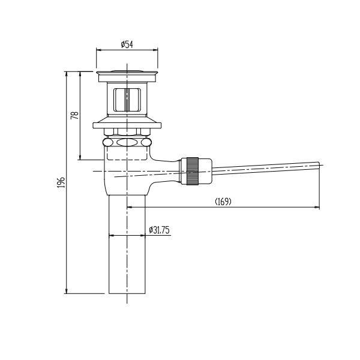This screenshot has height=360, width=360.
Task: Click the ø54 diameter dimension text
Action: pyautogui.click(x=127, y=44)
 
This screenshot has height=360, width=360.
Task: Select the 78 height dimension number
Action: pyautogui.click(x=75, y=115)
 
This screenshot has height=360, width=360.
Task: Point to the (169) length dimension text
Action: pyautogui.click(x=223, y=202)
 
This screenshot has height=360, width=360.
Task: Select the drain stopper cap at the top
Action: pyautogui.click(x=127, y=74)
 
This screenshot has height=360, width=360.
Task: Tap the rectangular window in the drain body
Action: pyautogui.click(x=127, y=100)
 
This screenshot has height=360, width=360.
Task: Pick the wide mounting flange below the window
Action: pyautogui.click(x=127, y=125)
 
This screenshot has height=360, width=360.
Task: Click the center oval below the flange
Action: pyautogui.click(x=127, y=143)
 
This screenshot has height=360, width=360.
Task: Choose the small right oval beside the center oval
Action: pyautogui.click(x=146, y=143)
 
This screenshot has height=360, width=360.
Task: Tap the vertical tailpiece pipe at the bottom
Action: pyautogui.click(x=127, y=252)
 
